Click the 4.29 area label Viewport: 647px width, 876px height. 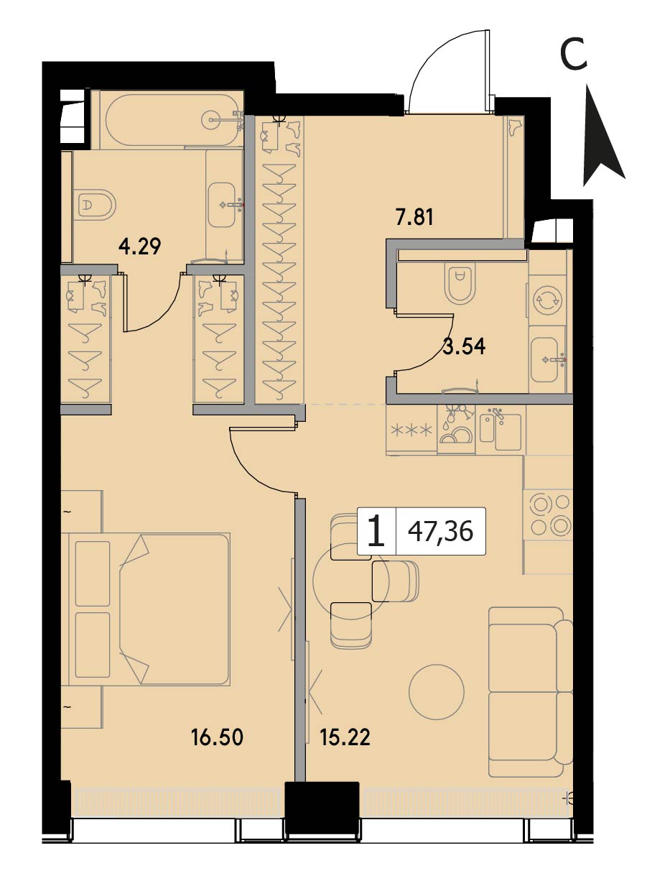(x=140, y=247)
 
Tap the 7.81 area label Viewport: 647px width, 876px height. (x=414, y=217)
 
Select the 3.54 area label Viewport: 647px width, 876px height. (x=464, y=346)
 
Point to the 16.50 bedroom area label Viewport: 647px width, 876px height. (x=217, y=737)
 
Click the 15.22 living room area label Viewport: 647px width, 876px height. (x=345, y=737)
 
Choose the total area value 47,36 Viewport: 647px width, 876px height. (x=440, y=532)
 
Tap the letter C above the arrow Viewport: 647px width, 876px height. (x=574, y=55)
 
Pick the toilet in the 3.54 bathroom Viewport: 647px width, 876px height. (x=458, y=283)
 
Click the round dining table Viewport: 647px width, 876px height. (x=350, y=581)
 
